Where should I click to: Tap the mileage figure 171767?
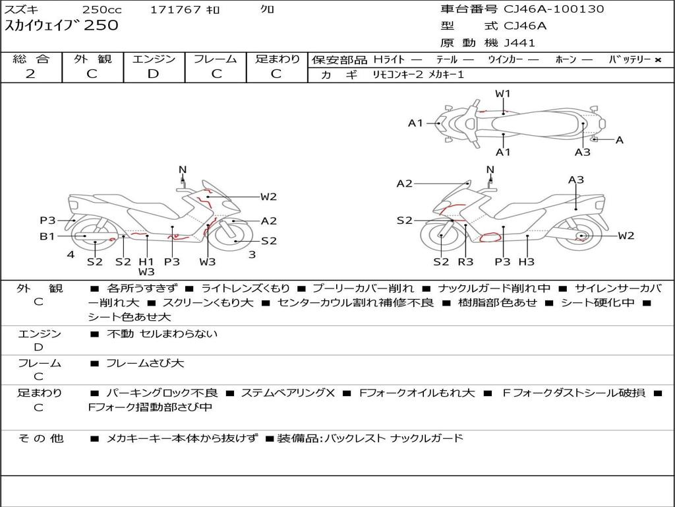pos(175,10)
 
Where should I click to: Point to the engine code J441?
pos(519,43)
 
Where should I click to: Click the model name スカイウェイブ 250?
pos(62,26)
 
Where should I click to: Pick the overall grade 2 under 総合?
pos(30,73)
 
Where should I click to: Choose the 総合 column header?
pos(30,59)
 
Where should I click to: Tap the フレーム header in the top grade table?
pos(216,59)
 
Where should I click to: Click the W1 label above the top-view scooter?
pos(503,94)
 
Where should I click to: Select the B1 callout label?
pos(47,236)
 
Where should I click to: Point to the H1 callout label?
pos(146,261)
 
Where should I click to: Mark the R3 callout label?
pos(465,262)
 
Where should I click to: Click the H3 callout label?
pos(526,262)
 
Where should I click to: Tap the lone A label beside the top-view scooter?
pos(619,140)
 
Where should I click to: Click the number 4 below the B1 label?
pos(70,254)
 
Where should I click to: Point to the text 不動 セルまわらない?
pos(162,333)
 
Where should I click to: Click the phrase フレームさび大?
pos(145,363)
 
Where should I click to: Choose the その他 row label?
pos(40,438)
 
